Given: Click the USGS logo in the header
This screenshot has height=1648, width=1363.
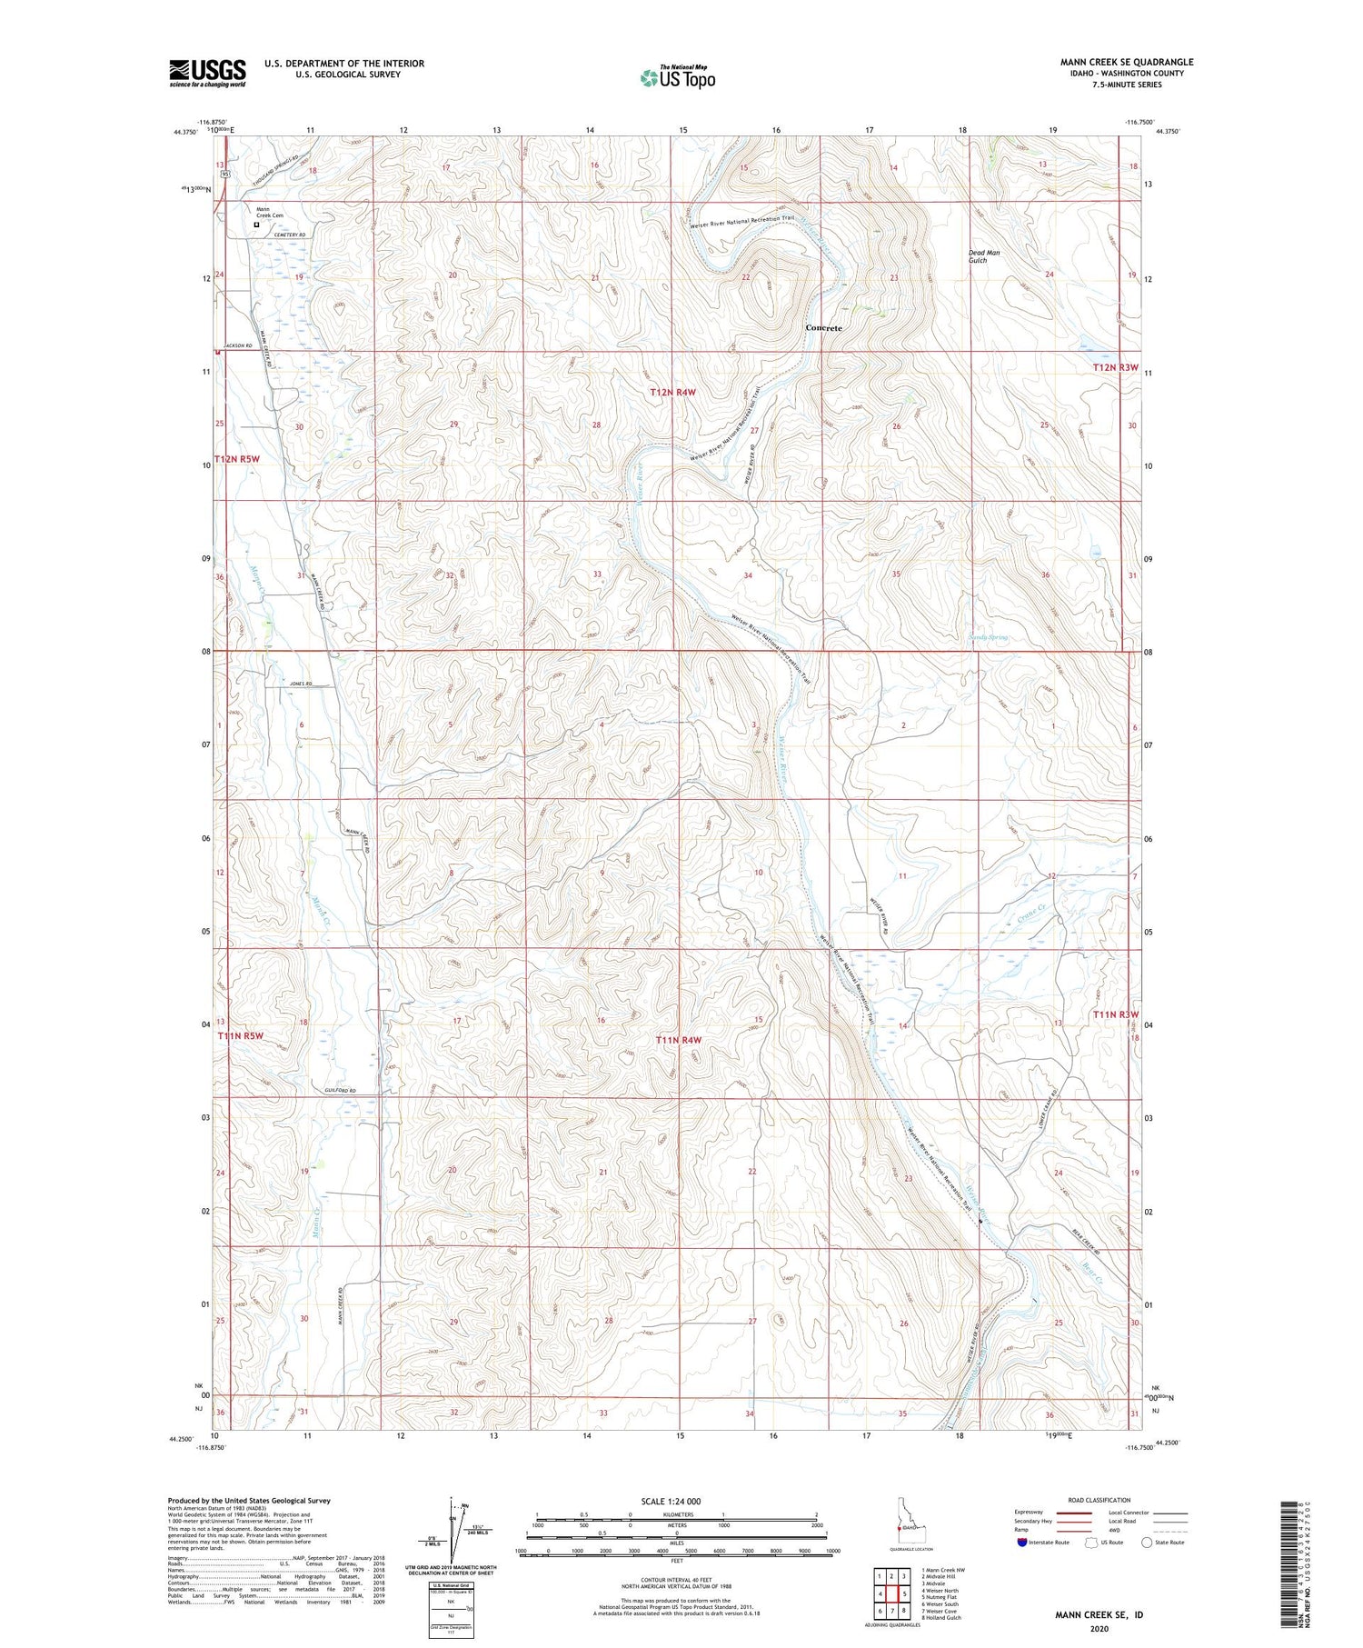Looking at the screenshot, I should coord(207,73).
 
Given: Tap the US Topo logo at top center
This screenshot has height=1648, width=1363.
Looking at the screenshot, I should coord(677,77).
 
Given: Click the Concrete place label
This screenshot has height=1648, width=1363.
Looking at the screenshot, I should coord(823,328).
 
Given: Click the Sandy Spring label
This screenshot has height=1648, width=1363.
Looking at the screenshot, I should coord(988,637).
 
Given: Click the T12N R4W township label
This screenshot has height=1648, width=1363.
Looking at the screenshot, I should coord(672,392).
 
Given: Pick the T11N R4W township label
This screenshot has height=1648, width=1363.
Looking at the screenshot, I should coord(679,1039).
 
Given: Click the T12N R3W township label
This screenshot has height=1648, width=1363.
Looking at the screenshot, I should coord(1115,367).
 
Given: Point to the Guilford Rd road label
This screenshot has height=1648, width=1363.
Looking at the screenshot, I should coord(341,1090).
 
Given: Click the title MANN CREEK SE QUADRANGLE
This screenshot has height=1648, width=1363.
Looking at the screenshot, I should coord(1126,62).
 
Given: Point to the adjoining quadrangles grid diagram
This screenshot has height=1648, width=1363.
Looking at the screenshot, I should coord(892,1593).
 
